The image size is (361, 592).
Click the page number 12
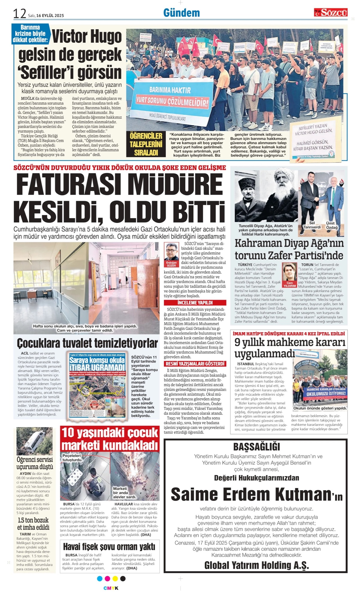click(19, 13)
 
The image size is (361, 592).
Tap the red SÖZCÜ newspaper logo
click(330, 13)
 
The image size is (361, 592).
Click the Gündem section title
click(181, 13)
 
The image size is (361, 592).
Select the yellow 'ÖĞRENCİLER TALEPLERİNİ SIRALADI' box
click(146, 144)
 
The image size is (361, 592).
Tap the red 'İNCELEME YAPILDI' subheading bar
click(195, 302)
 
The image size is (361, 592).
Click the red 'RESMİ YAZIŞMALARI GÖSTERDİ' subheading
click(195, 364)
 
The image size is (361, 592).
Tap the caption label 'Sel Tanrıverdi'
click(312, 225)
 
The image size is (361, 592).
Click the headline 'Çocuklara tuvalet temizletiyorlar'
click(87, 343)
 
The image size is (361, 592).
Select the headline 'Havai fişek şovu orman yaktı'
click(109, 547)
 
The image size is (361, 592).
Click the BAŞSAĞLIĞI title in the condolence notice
click(257, 447)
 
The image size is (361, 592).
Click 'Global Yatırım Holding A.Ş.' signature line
click(257, 565)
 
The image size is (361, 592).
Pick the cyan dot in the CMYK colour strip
click(100, 579)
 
